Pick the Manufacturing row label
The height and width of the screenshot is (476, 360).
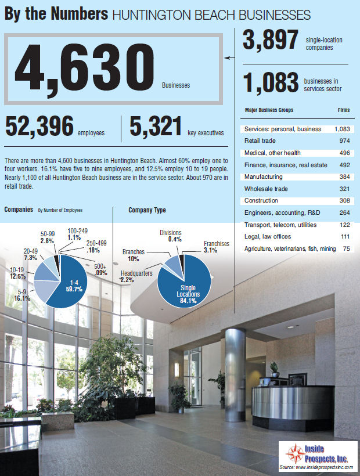tap(264, 176)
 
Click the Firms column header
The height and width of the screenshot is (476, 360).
tap(344, 110)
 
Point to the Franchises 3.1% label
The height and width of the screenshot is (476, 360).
tap(216, 247)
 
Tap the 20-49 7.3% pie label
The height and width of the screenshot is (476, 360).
tap(32, 254)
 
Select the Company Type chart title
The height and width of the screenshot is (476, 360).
tap(147, 210)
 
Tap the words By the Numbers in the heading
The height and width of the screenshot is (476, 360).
tap(56, 15)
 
